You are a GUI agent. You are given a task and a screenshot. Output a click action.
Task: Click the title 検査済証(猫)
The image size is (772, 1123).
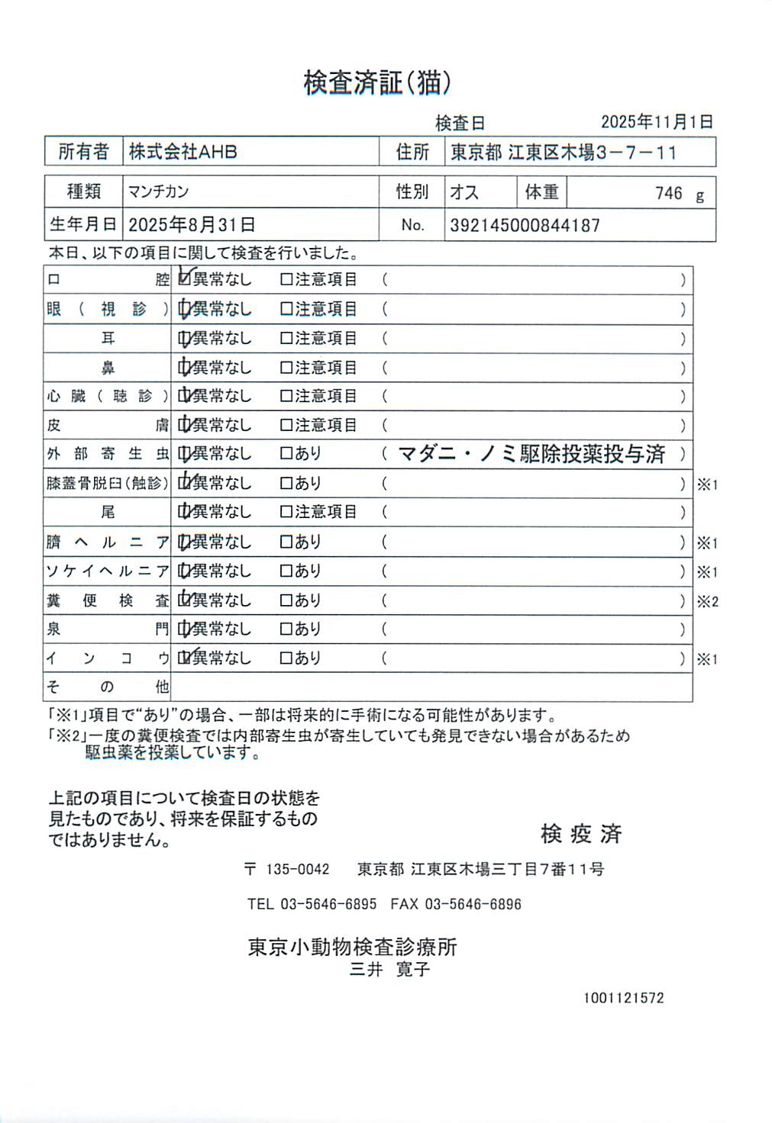point(377,82)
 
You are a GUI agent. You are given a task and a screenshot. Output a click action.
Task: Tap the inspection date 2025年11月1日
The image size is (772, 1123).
point(657,122)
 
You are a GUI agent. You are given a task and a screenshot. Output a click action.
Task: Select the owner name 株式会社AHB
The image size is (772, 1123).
point(183,152)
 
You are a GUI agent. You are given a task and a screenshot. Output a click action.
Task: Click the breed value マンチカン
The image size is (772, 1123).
point(158,191)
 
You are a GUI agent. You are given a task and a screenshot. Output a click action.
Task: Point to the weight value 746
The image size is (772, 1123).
point(668,193)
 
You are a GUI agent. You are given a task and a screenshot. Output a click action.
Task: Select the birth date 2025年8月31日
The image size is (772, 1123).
point(192,225)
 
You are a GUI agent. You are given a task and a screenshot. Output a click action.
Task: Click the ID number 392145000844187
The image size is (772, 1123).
point(525,225)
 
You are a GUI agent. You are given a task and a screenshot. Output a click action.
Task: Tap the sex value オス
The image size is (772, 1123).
point(464,192)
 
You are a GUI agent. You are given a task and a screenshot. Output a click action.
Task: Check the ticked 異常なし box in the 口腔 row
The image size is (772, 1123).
point(184,279)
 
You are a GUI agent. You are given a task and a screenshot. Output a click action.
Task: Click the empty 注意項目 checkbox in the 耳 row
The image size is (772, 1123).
point(286,338)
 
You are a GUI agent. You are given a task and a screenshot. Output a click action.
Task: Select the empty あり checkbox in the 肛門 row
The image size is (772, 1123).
point(286,629)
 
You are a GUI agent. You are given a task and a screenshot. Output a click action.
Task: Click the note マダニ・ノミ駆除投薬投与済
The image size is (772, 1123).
point(531,454)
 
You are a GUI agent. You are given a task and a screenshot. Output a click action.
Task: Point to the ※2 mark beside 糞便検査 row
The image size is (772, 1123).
point(707,601)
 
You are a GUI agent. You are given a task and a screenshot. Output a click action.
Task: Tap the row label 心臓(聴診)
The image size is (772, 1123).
point(107,396)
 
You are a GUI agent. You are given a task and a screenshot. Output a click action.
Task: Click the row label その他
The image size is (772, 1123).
point(107,687)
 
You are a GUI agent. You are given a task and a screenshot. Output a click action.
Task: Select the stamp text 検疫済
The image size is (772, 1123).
point(581,834)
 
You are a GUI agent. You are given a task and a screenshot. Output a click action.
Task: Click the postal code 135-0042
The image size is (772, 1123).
point(297,869)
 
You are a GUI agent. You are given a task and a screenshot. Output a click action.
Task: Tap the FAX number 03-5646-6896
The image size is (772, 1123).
point(473,904)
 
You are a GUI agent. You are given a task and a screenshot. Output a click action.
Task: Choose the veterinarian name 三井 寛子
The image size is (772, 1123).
point(389,970)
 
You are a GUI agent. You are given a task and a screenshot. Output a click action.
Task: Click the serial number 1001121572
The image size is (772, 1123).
point(623,998)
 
